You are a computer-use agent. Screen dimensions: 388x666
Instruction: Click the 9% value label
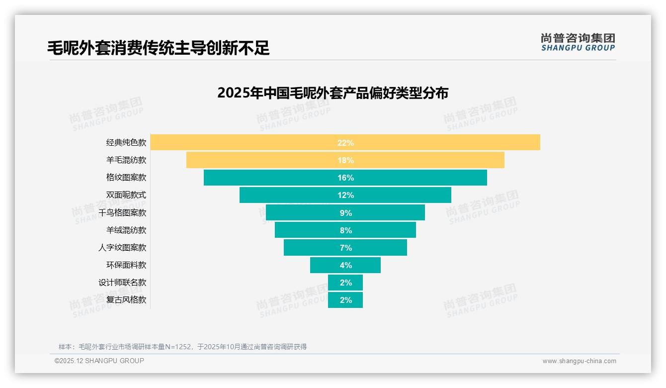[345, 213]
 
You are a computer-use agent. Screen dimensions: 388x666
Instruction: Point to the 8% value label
[345, 230]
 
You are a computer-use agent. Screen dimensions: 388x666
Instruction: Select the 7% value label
[345, 248]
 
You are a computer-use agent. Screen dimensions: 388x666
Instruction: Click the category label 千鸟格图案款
[122, 213]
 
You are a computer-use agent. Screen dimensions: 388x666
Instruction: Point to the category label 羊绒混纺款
[126, 230]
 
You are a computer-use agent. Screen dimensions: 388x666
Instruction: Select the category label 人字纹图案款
[122, 248]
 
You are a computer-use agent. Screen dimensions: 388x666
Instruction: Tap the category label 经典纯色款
[126, 143]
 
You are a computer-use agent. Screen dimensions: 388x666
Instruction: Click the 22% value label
[345, 143]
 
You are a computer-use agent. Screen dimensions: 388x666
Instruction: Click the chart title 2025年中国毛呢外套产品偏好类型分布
[333, 93]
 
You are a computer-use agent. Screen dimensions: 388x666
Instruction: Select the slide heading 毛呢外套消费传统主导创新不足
[158, 48]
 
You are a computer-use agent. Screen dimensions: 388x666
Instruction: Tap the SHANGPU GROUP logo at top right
[578, 42]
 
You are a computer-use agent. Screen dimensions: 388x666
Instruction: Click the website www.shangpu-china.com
[579, 361]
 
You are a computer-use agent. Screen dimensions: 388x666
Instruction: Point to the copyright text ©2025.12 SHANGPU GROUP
[99, 361]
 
